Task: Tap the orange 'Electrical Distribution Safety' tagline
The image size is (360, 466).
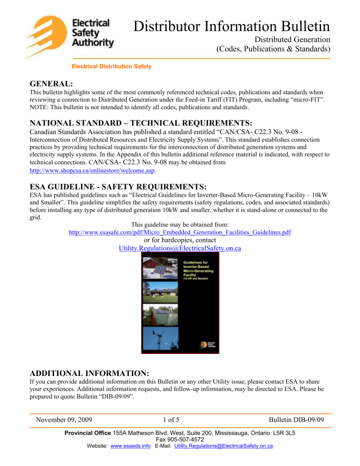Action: (111, 67)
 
